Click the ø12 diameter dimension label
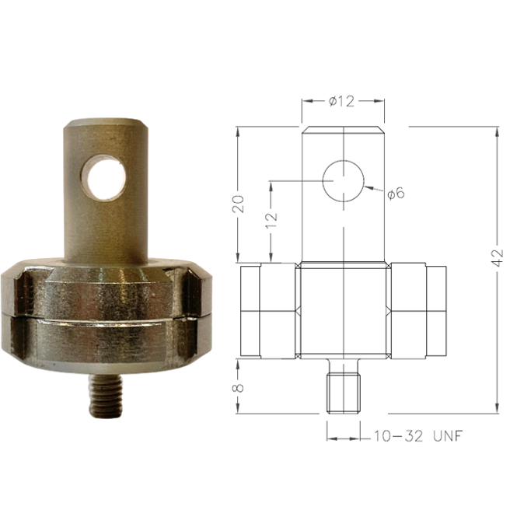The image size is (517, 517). point(342,101)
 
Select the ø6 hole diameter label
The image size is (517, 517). point(396,193)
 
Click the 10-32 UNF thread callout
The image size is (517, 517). point(417,436)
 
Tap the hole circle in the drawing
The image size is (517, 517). point(343,181)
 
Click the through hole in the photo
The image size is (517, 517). point(107,176)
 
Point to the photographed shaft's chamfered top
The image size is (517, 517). point(107,124)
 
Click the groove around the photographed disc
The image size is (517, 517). point(107,316)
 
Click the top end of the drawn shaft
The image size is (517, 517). point(343,128)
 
